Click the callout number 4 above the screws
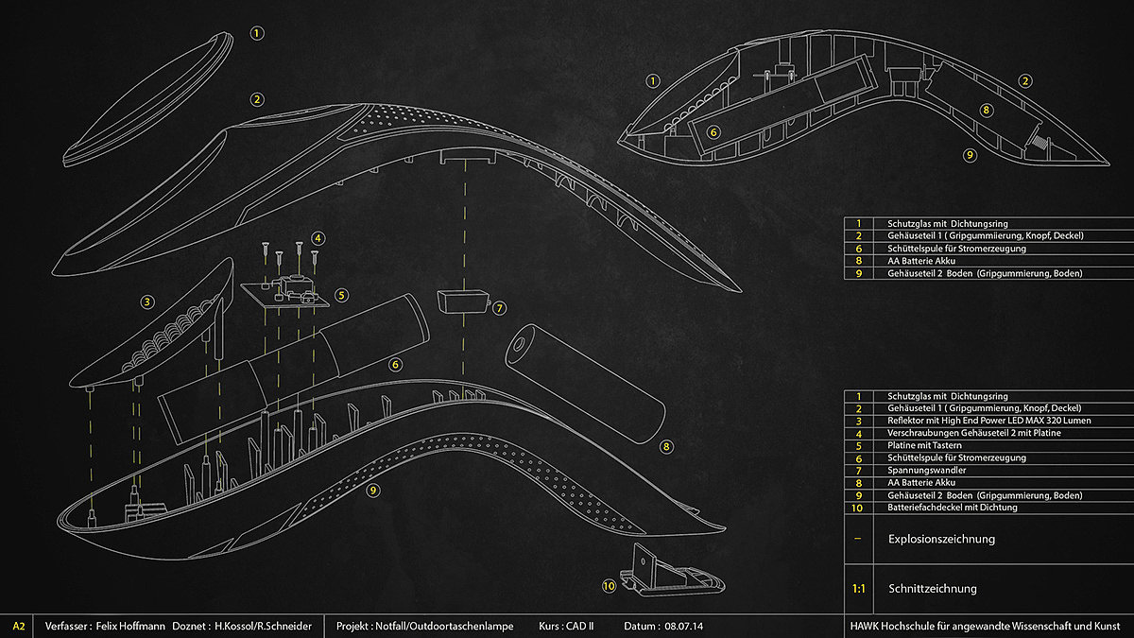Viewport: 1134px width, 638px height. pos(318,237)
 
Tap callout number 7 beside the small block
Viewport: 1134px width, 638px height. pos(499,307)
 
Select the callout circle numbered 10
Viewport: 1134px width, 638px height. pos(609,586)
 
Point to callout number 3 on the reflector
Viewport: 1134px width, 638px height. pos(147,302)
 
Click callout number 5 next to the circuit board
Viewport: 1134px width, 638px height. pos(341,294)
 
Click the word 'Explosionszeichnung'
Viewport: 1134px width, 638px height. pos(941,540)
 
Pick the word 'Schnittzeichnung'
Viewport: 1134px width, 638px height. pos(932,588)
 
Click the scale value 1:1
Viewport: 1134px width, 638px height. pos(859,588)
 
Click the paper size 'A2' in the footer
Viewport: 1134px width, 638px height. pos(19,626)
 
